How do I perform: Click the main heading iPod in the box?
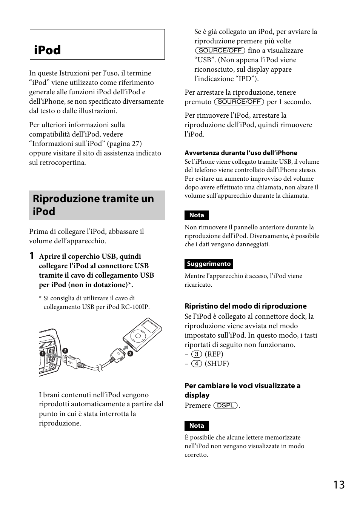(x=47, y=50)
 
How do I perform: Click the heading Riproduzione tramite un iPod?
(x=93, y=205)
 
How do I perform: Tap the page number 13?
(x=339, y=485)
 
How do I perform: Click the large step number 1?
(x=32, y=256)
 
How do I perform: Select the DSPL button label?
(x=226, y=406)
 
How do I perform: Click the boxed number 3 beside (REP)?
(x=196, y=354)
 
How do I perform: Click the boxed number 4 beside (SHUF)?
(x=196, y=364)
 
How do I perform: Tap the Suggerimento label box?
(x=209, y=264)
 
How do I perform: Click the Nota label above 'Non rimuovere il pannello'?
(x=197, y=215)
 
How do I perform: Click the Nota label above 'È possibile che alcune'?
(x=197, y=426)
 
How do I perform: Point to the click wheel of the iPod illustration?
(x=138, y=336)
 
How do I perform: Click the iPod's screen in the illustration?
(x=151, y=326)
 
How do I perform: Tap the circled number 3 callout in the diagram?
(x=130, y=353)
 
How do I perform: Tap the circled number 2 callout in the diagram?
(x=65, y=351)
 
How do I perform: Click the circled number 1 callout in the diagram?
(x=43, y=354)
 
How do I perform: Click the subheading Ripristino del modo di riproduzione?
(x=245, y=306)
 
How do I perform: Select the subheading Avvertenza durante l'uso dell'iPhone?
(x=241, y=153)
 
